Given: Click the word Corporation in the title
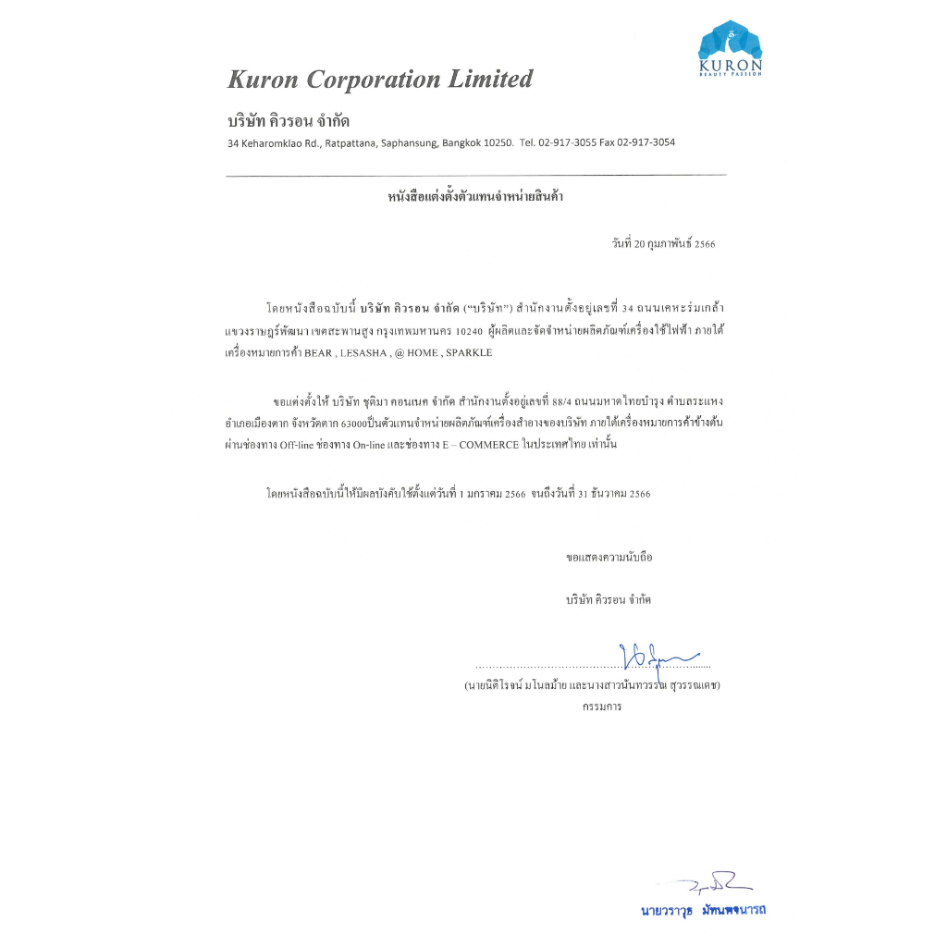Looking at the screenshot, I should (374, 80).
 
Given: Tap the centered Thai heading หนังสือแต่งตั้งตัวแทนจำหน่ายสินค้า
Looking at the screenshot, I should (475, 197).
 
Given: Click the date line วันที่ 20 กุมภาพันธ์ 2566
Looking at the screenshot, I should (663, 244).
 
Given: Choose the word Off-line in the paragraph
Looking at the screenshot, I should (302, 445).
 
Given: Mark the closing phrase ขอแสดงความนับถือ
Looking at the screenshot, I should (609, 559).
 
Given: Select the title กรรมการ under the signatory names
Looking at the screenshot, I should (602, 707).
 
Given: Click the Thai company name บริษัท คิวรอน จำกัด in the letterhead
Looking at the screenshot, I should (289, 121).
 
